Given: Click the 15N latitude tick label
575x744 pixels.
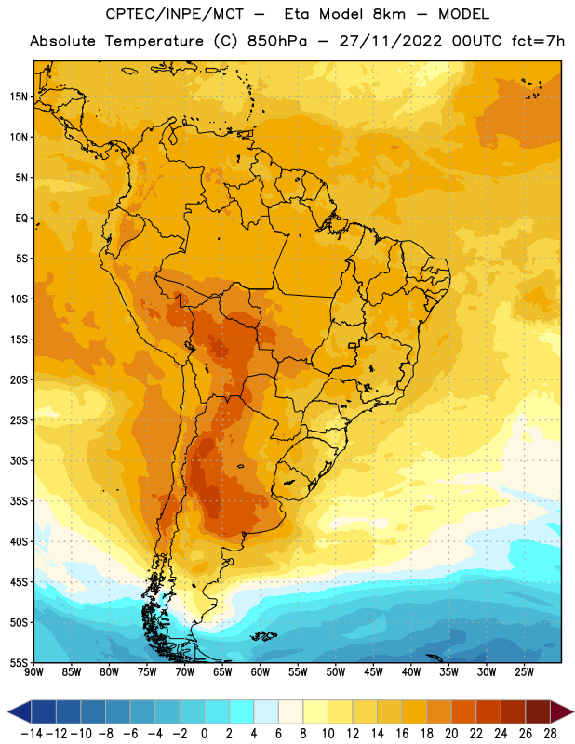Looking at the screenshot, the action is [19, 97].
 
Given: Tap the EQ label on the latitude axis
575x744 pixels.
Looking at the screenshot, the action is [21, 219].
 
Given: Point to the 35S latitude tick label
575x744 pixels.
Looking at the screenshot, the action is [19, 501].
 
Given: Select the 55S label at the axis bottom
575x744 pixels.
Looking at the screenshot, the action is [19, 662].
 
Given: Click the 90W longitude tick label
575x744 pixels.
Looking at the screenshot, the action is [33, 672].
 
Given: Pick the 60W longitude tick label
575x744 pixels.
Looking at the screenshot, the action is [261, 672].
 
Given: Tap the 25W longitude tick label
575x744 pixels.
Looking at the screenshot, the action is [524, 672].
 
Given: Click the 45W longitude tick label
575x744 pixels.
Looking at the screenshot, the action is [373, 672].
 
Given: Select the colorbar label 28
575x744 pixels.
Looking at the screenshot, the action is [550, 734].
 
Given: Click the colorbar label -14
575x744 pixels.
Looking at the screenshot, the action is [32, 734].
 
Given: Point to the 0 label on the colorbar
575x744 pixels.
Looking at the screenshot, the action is [204, 734].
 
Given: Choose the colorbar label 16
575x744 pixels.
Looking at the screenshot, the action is [402, 734].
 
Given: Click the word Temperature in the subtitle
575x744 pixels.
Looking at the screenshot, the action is [154, 41].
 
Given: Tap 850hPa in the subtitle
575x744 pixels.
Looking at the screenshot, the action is [277, 41].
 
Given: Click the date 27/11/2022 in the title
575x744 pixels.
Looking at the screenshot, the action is [391, 41].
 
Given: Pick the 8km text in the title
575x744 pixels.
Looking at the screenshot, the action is [389, 14].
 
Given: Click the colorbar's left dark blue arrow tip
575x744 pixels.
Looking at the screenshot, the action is [8, 711].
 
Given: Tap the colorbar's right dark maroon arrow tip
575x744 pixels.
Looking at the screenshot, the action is [573, 711].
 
